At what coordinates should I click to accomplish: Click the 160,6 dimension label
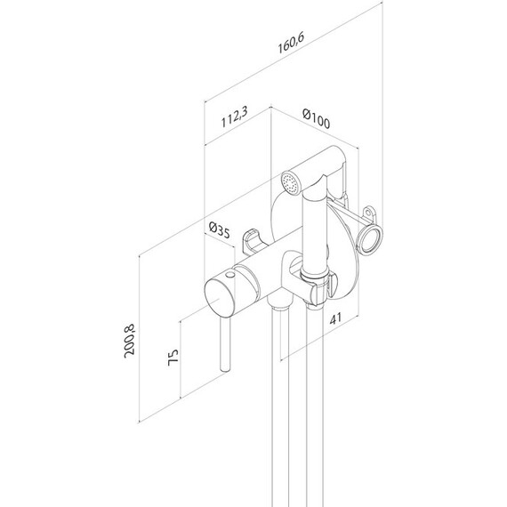click(291, 43)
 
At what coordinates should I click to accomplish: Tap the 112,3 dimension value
click(235, 117)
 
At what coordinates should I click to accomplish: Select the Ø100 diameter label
click(317, 119)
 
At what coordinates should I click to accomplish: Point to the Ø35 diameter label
click(219, 229)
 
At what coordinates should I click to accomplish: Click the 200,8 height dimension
click(129, 341)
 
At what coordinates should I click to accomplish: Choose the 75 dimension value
click(173, 358)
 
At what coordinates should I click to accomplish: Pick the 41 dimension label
click(335, 318)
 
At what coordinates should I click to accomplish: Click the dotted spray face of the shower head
click(291, 184)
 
